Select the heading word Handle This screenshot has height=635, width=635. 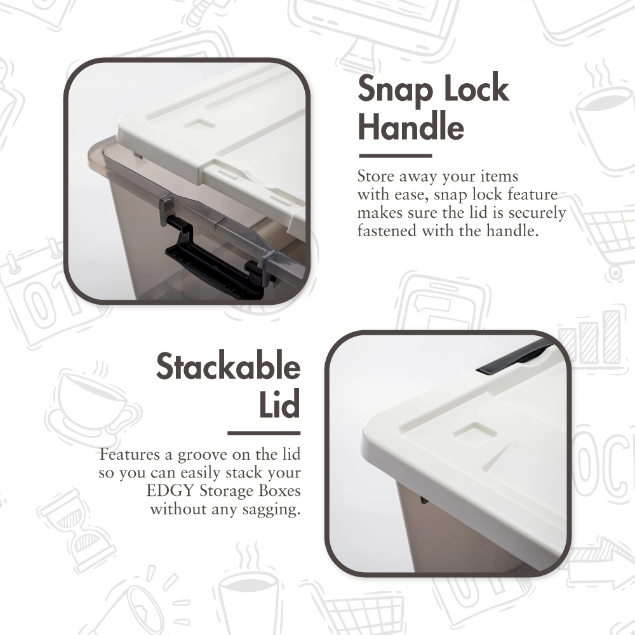click(411, 127)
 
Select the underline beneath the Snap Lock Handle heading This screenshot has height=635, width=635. click(395, 156)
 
